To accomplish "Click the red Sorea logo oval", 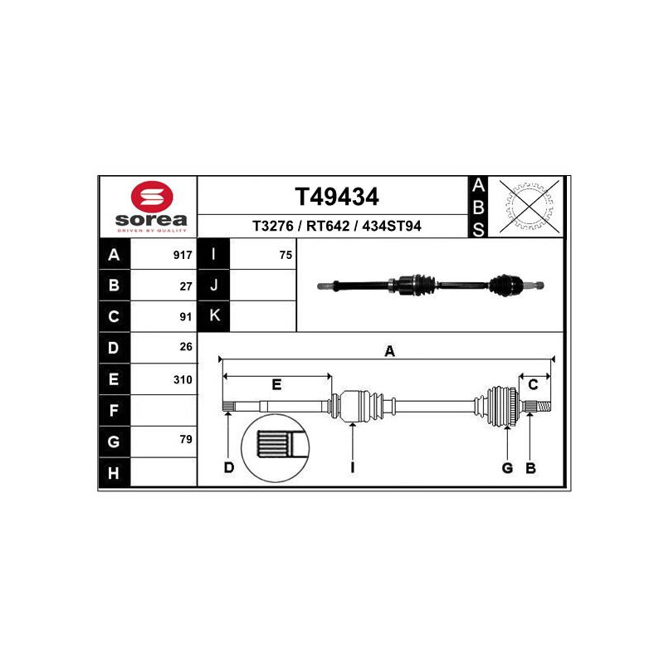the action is (x=152, y=197).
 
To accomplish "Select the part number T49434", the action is (x=337, y=197).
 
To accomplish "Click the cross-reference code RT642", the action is (x=328, y=226).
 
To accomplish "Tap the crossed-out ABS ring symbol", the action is (x=530, y=206).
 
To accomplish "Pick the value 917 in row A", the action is (x=183, y=255).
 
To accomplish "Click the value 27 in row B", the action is (x=186, y=286).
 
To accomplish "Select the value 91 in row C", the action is (x=186, y=317).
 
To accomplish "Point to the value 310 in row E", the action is (x=183, y=379).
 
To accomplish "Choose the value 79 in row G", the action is (x=186, y=439).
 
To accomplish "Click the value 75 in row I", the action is (x=286, y=255).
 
